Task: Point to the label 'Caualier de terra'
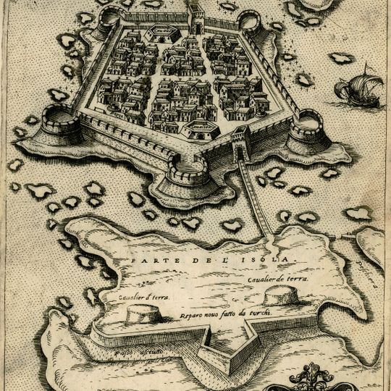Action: tap(276, 277)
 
